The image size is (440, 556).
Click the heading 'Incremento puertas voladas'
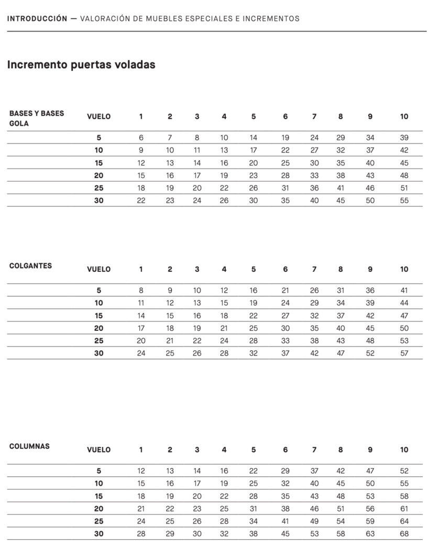point(81,65)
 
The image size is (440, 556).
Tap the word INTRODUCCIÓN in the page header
point(37,19)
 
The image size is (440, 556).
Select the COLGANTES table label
point(30,265)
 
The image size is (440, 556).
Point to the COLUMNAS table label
point(29,446)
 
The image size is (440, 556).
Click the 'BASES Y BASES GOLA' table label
point(36,118)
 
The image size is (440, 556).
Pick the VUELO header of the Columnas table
point(98,450)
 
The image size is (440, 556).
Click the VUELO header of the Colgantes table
point(98,269)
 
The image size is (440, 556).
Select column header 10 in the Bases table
point(404,116)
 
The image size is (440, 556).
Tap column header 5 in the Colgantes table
point(254,269)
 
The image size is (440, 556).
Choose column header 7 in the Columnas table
point(314,450)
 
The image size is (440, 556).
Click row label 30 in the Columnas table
point(98,533)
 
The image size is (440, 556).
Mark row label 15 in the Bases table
point(98,163)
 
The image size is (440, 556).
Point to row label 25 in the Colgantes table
point(98,340)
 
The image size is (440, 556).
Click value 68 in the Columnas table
point(404,533)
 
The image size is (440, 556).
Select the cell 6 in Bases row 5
point(141,138)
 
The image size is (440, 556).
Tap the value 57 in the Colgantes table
point(404,353)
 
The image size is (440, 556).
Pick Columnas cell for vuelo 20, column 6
point(285,508)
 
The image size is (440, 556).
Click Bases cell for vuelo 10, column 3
point(197,150)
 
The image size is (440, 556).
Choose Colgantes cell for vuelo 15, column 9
point(370,315)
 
